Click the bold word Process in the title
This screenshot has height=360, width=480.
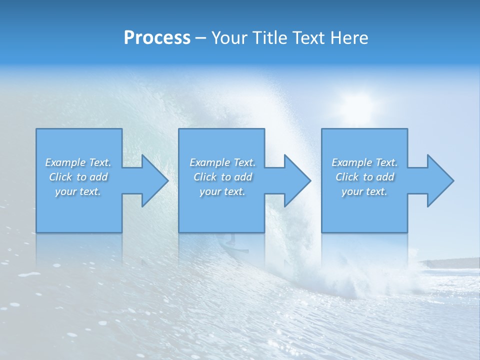tap(157, 37)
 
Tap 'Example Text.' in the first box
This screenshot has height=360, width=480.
tap(78, 162)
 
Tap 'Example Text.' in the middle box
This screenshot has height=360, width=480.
tap(222, 162)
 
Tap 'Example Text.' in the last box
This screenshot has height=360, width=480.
tap(364, 162)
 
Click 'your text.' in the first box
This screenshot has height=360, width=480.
tap(78, 191)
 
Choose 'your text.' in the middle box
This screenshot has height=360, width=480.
tap(222, 191)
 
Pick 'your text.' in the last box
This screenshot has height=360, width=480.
tap(364, 191)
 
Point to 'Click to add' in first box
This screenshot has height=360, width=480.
tap(78, 177)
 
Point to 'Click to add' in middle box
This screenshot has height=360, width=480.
tap(222, 177)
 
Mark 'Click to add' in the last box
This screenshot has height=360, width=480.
tap(364, 177)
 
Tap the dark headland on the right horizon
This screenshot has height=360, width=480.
tap(450, 263)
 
